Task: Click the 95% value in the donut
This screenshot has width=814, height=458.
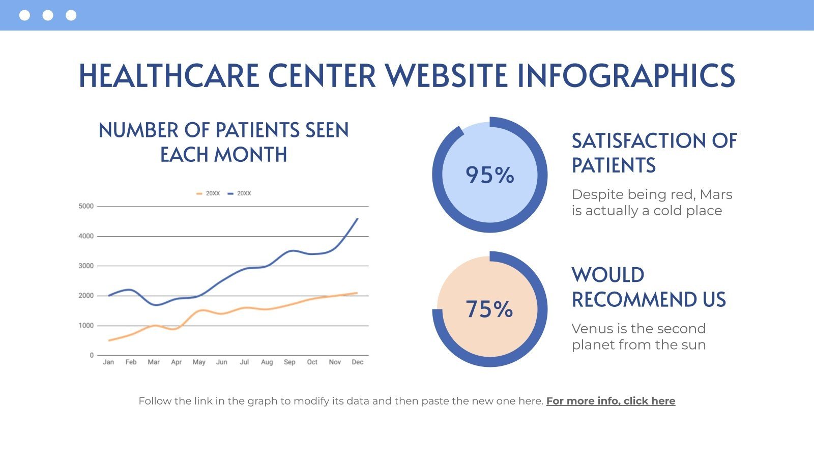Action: (x=489, y=175)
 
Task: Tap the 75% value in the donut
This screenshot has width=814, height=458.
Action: (x=489, y=309)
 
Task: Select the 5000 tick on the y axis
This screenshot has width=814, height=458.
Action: (x=86, y=206)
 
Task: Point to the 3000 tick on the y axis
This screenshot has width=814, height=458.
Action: (x=86, y=266)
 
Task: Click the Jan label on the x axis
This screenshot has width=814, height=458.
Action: (x=108, y=362)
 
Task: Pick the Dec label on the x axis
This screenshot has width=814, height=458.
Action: (x=358, y=362)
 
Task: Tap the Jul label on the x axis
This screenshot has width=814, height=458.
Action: (x=244, y=362)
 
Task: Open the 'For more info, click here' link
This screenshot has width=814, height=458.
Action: (x=610, y=401)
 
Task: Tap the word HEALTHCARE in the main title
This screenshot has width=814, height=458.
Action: (x=169, y=76)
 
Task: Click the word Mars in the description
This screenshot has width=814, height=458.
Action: (x=716, y=194)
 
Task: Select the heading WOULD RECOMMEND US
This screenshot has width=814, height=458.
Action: (x=648, y=287)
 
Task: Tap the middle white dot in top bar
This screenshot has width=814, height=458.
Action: (x=48, y=15)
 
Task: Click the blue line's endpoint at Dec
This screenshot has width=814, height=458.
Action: (x=358, y=219)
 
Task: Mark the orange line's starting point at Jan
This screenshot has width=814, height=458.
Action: (x=109, y=340)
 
